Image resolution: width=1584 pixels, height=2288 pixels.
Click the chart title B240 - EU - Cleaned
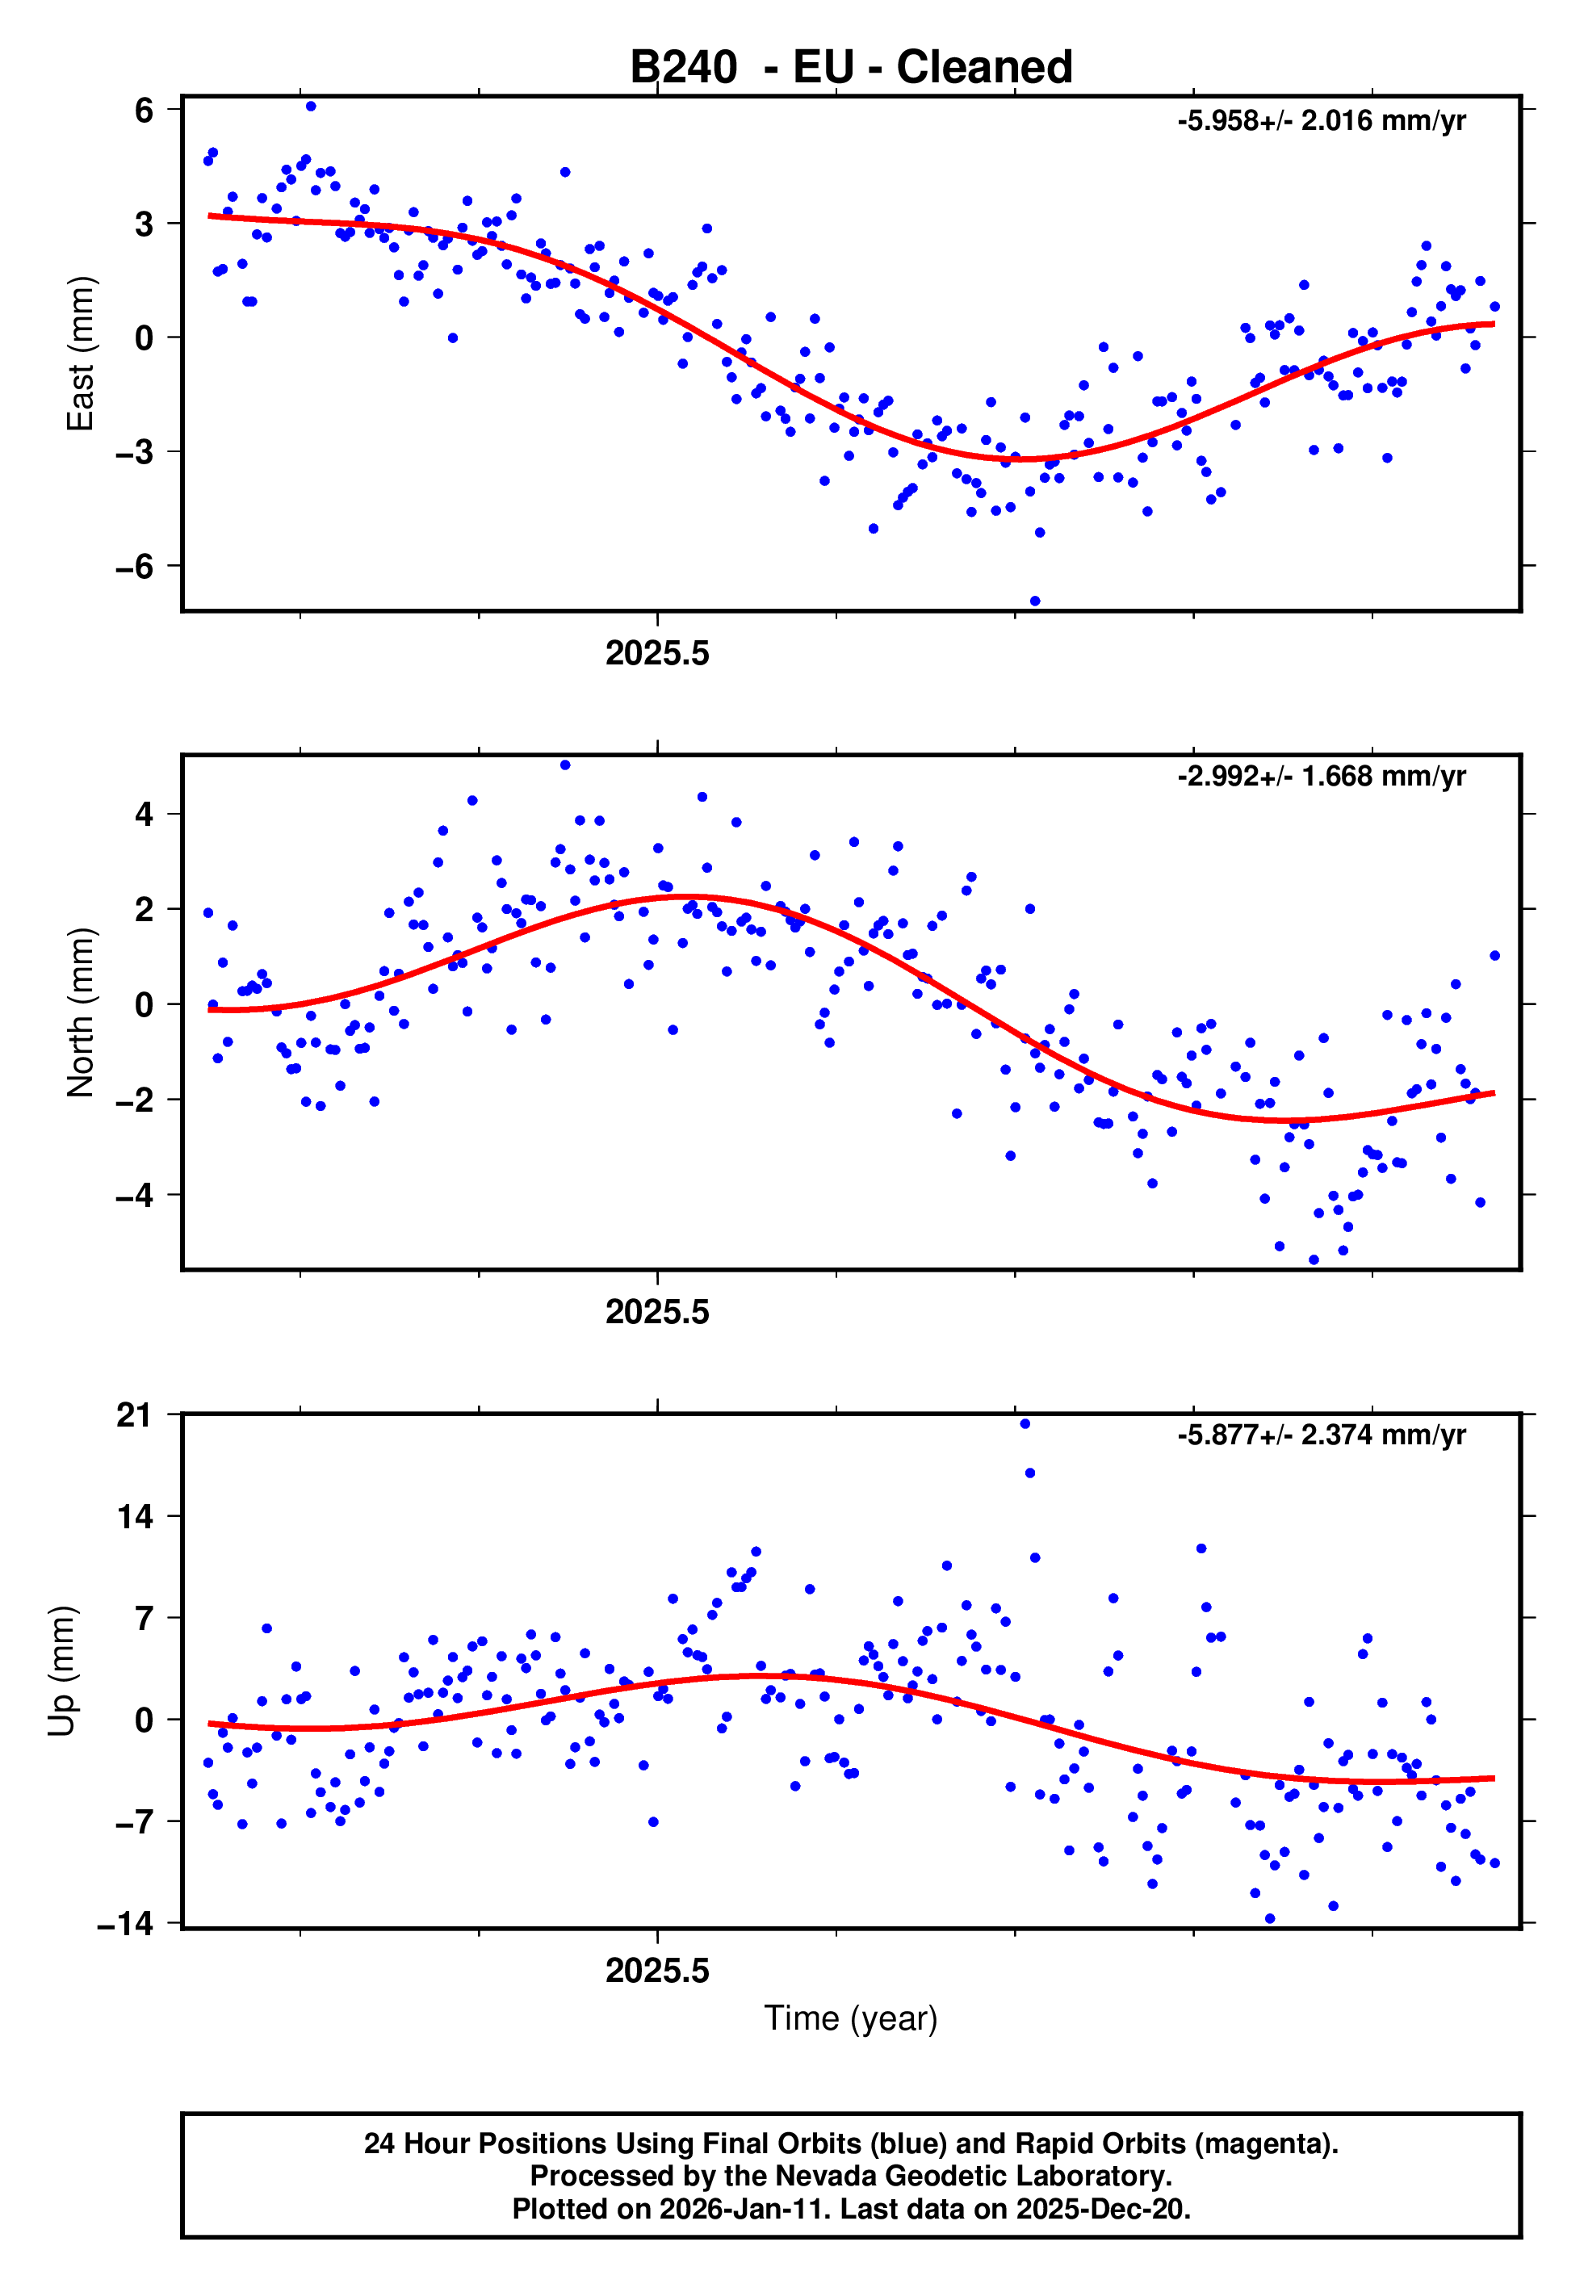click(x=851, y=68)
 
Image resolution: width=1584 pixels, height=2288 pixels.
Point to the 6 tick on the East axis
click(x=145, y=109)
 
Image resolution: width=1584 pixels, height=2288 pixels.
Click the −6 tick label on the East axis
click(x=135, y=567)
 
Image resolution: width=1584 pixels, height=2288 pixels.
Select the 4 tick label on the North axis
click(x=145, y=815)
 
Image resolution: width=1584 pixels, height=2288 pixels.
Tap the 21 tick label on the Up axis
click(x=135, y=1415)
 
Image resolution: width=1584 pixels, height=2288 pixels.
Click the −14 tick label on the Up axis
click(x=126, y=1924)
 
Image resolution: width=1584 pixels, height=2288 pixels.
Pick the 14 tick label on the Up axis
click(x=135, y=1517)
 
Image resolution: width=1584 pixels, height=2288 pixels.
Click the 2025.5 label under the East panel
click(x=657, y=654)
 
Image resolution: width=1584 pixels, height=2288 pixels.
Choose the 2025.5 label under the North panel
click(x=657, y=1313)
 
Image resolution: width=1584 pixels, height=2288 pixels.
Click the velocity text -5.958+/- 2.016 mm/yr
click(x=1321, y=121)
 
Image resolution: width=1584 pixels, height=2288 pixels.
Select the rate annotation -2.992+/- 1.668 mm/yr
click(x=1321, y=776)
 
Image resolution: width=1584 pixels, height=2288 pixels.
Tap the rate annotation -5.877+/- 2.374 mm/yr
click(x=1321, y=1435)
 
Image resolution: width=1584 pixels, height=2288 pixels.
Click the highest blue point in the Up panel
click(x=1025, y=1424)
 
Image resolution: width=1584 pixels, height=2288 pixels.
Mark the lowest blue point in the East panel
click(x=1035, y=601)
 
